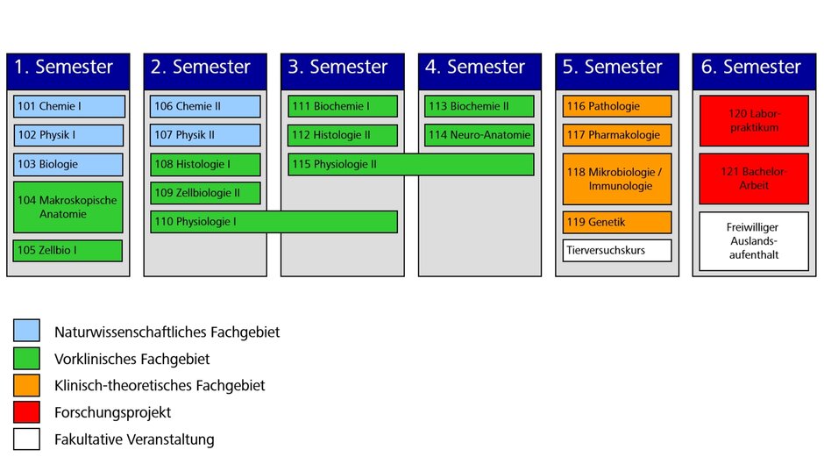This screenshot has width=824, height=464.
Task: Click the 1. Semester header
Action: coord(68,68)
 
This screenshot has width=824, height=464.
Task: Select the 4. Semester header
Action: coord(479,68)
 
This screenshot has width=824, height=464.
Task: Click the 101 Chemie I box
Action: coord(68,106)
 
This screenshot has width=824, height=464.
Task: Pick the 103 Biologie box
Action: coord(68,164)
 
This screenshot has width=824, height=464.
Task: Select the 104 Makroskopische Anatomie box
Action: coord(68,207)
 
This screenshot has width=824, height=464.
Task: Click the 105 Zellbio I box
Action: coord(68,250)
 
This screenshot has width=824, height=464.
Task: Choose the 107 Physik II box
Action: coord(205,135)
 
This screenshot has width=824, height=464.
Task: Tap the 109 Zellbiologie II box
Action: coord(205,193)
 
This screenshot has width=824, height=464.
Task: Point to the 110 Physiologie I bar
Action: coord(273,222)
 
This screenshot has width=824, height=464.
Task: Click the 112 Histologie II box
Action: coord(343,135)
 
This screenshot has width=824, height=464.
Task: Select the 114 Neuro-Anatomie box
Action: coord(479,135)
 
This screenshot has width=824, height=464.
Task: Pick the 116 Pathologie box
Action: coord(617,106)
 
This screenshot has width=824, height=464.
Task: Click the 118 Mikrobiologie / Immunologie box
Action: coord(617,179)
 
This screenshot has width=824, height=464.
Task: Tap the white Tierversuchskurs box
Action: coord(617,250)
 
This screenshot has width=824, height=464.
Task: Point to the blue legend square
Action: coord(26,332)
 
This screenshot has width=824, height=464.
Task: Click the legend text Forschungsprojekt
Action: coord(112,412)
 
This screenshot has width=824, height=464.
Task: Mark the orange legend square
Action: coord(26,385)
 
